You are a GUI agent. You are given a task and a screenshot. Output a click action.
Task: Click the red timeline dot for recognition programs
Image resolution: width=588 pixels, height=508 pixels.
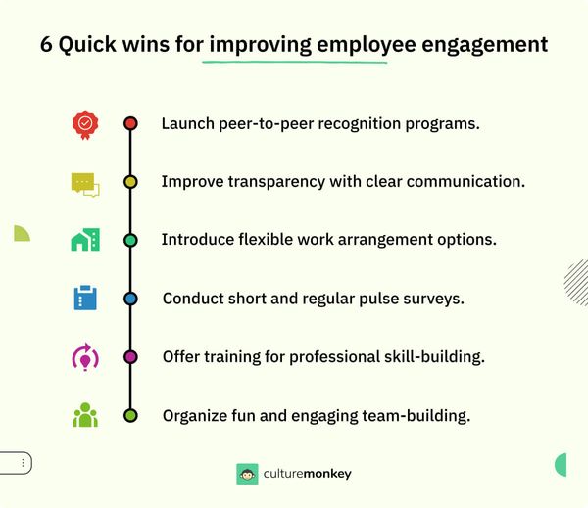tap(130, 124)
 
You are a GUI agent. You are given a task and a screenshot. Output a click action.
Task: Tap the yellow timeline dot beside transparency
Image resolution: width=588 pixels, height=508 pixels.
tap(130, 182)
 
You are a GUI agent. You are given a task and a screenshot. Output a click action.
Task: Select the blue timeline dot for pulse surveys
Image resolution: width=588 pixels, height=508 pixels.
tap(130, 299)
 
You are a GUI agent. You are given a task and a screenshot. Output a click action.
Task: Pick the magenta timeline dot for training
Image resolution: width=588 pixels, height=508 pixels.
tap(130, 357)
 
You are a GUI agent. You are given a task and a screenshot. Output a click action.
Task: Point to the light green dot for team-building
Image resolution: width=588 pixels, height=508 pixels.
tap(130, 415)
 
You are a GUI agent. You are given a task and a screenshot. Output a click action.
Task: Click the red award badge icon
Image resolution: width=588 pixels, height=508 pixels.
tap(85, 124)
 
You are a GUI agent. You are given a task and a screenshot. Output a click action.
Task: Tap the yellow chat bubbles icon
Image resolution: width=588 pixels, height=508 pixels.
tap(85, 183)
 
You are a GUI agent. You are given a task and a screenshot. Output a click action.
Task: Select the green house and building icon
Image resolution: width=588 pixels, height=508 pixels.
tap(85, 240)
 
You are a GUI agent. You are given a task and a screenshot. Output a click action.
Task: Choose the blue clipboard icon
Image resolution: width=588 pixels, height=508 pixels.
tap(85, 298)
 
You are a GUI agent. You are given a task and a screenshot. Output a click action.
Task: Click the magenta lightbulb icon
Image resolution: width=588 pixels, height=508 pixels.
tap(85, 357)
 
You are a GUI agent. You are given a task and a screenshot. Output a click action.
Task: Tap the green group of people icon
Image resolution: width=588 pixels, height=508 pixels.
tap(85, 415)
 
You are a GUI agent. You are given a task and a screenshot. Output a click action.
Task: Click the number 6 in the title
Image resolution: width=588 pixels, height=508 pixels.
tap(47, 45)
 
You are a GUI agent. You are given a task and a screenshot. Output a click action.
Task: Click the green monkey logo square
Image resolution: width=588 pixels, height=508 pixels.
tap(247, 474)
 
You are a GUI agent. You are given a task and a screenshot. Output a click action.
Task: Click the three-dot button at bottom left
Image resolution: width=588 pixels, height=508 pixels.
tap(23, 462)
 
